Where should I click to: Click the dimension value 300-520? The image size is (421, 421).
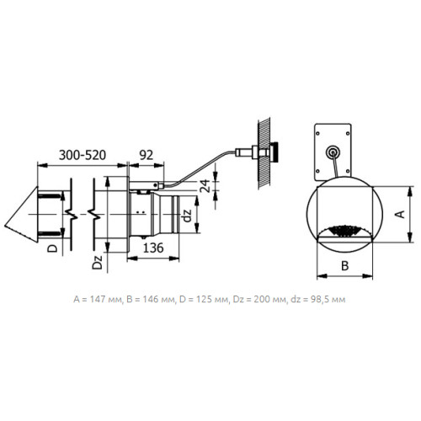pyautogui.click(x=83, y=155)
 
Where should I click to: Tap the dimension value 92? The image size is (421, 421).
pyautogui.click(x=147, y=155)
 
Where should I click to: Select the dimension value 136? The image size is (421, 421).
pyautogui.click(x=153, y=248)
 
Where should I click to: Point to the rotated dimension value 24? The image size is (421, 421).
pyautogui.click(x=206, y=186)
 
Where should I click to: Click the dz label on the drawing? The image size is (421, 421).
pyautogui.click(x=187, y=216)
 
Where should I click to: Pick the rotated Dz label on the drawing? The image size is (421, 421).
pyautogui.click(x=98, y=262)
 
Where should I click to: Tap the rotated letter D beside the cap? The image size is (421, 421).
pyautogui.click(x=52, y=248)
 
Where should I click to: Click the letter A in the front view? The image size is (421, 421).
pyautogui.click(x=400, y=214)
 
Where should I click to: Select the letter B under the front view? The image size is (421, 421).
pyautogui.click(x=344, y=265)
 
